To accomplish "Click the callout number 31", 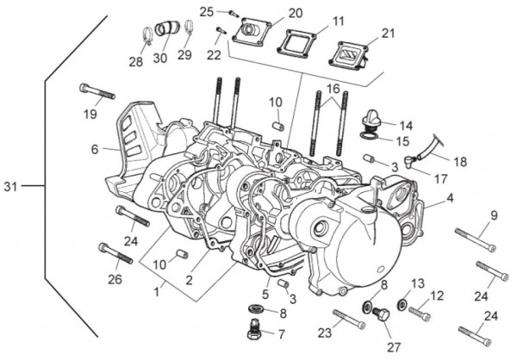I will [x=9, y=186].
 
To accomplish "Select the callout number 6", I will [x=95, y=149].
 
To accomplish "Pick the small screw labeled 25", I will [x=232, y=12].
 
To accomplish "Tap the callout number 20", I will [x=271, y=13].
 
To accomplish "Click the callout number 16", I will [x=333, y=89].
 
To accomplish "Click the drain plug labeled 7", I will [x=255, y=327].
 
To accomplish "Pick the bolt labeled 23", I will [x=346, y=318].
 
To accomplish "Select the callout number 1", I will [x=156, y=293].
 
